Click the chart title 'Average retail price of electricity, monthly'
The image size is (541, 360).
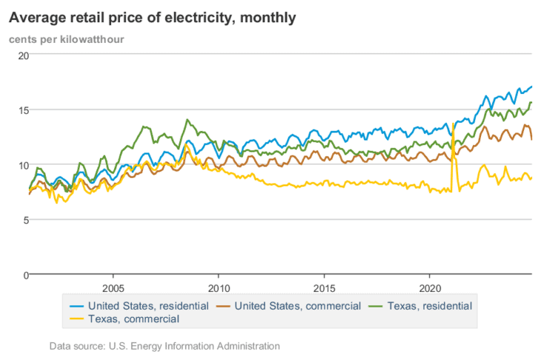[151, 17]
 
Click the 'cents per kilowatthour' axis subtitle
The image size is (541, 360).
[66, 39]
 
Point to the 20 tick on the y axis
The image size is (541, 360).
[22, 56]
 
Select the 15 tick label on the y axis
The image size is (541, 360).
[22, 110]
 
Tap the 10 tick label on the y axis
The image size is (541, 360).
[22, 165]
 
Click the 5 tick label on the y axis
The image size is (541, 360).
[24, 220]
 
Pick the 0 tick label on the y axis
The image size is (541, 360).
[24, 275]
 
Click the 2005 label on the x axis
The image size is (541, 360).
[113, 287]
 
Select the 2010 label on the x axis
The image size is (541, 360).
[219, 287]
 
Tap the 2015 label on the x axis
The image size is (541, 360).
[324, 287]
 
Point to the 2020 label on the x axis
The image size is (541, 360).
[431, 287]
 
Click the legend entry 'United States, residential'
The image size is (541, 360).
[148, 305]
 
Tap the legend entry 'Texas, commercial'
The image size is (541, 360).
[133, 319]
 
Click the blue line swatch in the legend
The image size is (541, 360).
[76, 306]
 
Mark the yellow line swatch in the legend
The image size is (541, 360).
[76, 319]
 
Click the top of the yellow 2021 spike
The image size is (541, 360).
[453, 124]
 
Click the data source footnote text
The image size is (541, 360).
[165, 346]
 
